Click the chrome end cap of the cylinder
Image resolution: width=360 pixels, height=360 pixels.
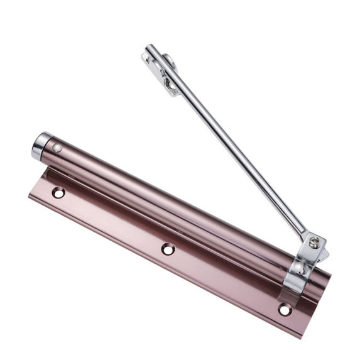tap(41, 146)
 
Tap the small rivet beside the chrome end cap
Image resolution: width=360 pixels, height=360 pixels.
tap(57, 148)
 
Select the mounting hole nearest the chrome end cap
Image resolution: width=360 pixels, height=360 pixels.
tap(58, 192)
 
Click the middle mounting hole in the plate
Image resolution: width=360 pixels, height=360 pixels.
tap(168, 249)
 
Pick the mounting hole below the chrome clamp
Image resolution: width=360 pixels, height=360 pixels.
tap(285, 309)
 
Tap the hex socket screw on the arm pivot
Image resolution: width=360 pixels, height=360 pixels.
tap(314, 241)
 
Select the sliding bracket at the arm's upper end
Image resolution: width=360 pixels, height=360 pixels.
tap(162, 72)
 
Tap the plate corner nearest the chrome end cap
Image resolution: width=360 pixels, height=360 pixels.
tap(31, 195)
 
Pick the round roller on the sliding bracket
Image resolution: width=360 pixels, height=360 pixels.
tap(168, 61)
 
